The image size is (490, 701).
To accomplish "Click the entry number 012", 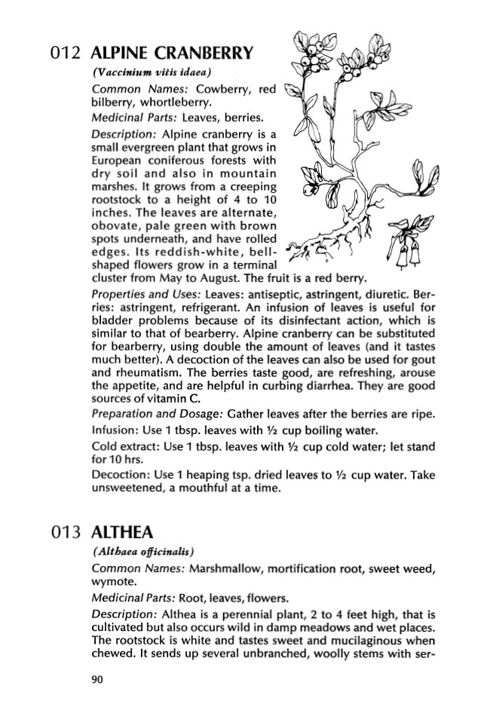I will pos(65,54).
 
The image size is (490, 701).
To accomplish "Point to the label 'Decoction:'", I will pos(117,476).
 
